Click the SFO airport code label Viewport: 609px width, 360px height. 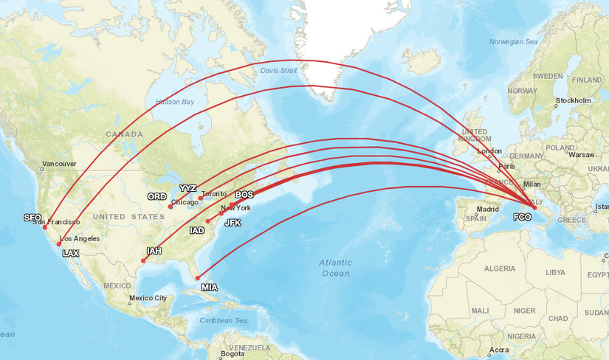(32, 218)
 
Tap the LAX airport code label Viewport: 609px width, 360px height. (70, 253)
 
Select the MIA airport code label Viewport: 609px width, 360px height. (210, 287)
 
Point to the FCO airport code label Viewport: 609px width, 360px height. (522, 218)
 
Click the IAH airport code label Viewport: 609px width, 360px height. (154, 252)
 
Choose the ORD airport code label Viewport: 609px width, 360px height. (156, 197)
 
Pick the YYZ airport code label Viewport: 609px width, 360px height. (188, 188)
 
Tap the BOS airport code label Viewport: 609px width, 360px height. (244, 195)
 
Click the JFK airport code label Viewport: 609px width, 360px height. (233, 223)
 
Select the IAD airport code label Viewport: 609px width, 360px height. (197, 231)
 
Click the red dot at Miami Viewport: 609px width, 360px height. (197, 277)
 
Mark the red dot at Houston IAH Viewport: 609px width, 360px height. (143, 260)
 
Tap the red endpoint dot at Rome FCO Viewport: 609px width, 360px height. (534, 207)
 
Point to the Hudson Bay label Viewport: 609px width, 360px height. (174, 102)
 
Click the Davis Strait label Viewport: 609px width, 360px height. (278, 71)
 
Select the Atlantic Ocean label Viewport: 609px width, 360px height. (336, 268)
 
